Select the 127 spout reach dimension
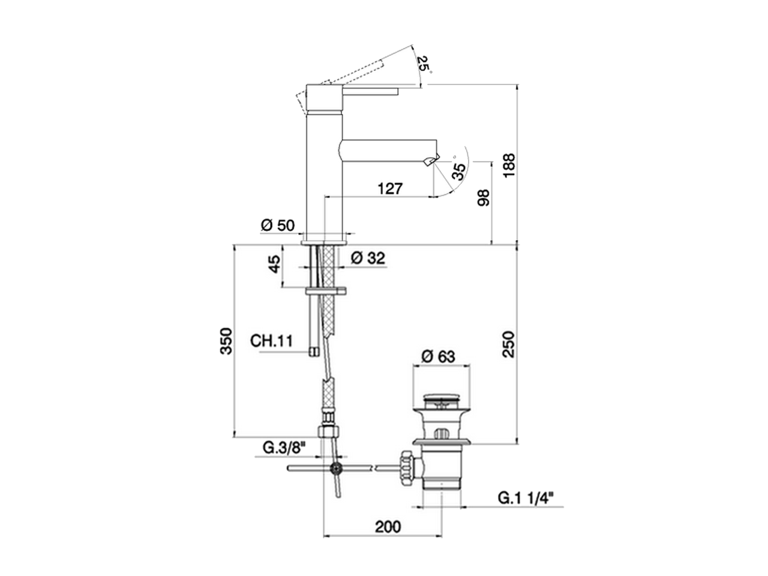click(390, 188)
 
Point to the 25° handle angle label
click(424, 64)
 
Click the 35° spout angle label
click(459, 171)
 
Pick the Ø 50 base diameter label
click(278, 225)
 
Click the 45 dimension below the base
click(274, 265)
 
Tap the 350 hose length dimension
click(226, 341)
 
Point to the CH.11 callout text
click(271, 341)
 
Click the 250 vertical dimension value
click(509, 344)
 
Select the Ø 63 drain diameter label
click(438, 356)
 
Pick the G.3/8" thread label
click(284, 448)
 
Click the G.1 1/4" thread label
click(526, 497)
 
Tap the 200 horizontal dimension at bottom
click(388, 527)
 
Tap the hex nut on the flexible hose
click(328, 431)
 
